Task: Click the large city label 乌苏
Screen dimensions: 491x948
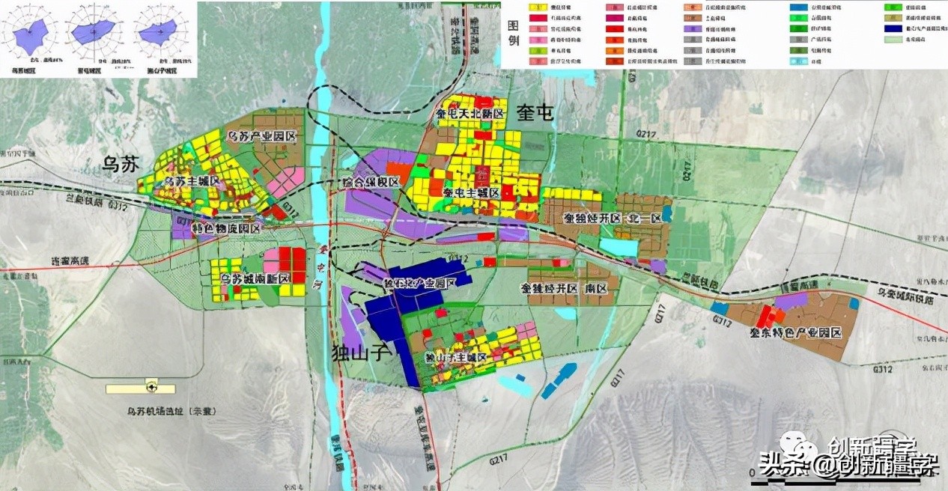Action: click(x=121, y=165)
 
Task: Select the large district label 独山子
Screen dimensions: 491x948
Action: click(x=361, y=353)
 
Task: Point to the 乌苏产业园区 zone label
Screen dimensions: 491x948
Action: click(x=262, y=137)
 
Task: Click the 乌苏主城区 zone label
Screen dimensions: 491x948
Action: click(x=192, y=181)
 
